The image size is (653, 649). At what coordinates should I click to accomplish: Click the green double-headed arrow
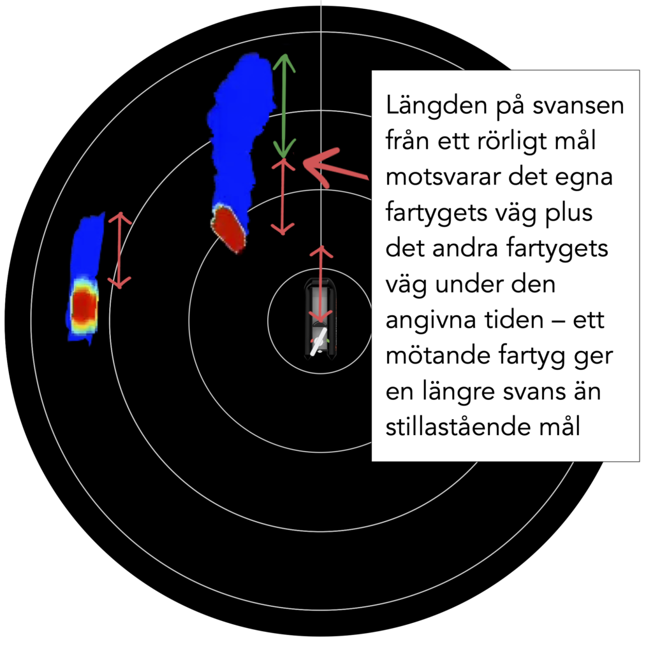[x=284, y=106]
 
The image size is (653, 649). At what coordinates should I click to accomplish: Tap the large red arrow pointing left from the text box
[x=335, y=168]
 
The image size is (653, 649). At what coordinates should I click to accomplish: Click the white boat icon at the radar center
[x=321, y=318]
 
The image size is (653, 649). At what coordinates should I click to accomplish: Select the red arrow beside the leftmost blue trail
[x=120, y=250]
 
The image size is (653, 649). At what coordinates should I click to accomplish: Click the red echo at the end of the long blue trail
[x=228, y=229]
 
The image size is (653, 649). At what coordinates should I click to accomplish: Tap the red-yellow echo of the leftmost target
[x=85, y=306]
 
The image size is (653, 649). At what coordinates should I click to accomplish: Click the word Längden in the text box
[x=436, y=106]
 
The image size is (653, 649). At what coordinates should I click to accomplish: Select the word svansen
[x=578, y=106]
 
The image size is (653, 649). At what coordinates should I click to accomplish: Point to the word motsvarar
[x=443, y=177]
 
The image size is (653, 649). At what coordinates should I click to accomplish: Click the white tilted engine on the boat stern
[x=319, y=341]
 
